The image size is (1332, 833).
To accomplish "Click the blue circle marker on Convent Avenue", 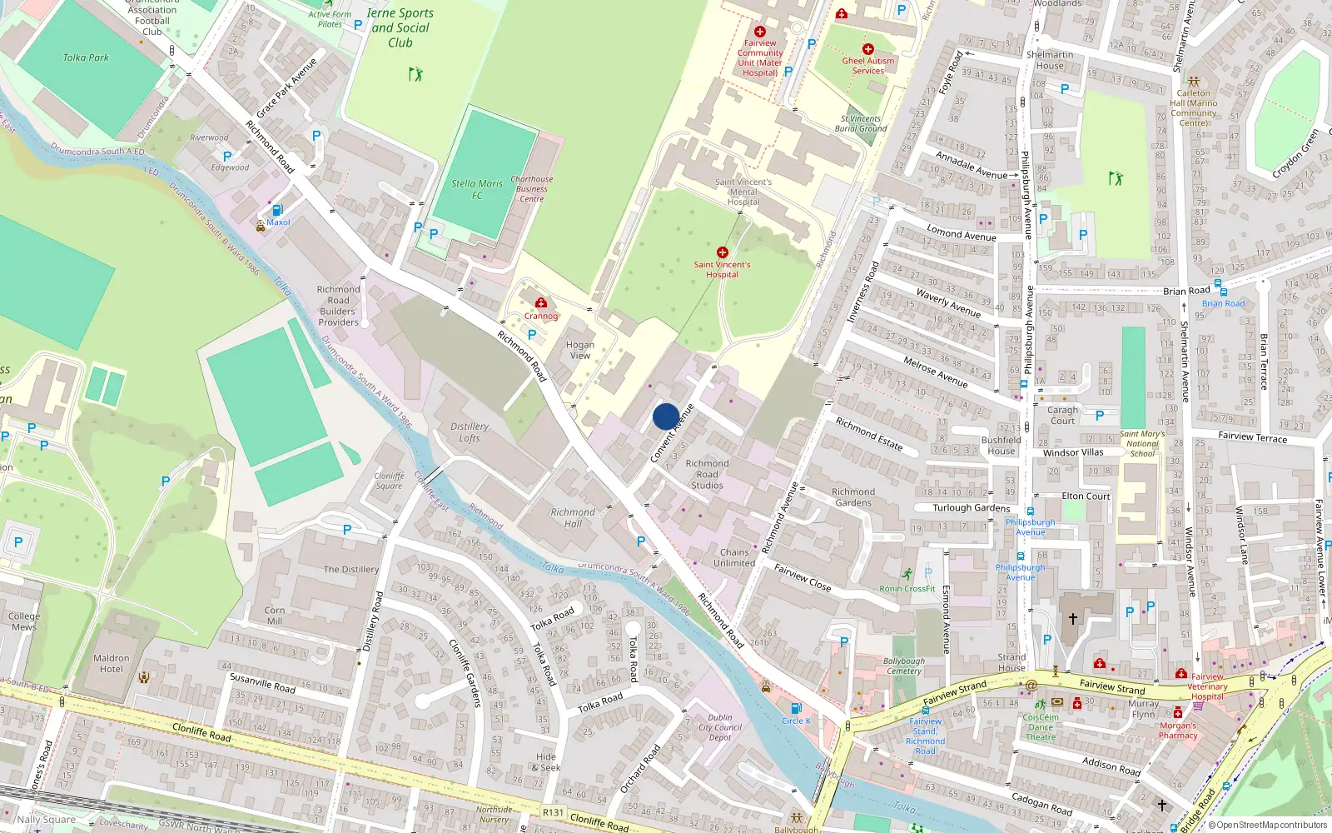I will pyautogui.click(x=665, y=416).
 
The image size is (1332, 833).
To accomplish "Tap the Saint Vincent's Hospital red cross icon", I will pyautogui.click(x=722, y=252).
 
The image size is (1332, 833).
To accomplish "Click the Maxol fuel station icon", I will pyautogui.click(x=277, y=211).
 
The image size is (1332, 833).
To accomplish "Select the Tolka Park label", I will pyautogui.click(x=86, y=57).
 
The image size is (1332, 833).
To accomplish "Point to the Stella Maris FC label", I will pyautogui.click(x=477, y=189).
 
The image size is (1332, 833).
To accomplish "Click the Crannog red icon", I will pyautogui.click(x=541, y=303).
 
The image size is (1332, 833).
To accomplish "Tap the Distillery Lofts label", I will pyautogui.click(x=470, y=431).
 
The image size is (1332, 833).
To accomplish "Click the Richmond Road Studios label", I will pyautogui.click(x=707, y=474).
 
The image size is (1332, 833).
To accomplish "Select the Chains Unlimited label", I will pyautogui.click(x=734, y=557).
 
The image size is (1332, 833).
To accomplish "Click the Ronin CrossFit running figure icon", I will pyautogui.click(x=907, y=575).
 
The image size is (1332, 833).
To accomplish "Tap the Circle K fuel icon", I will pyautogui.click(x=796, y=709).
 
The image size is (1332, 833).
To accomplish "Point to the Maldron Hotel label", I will pyautogui.click(x=112, y=663).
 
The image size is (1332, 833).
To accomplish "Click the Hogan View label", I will pyautogui.click(x=580, y=350).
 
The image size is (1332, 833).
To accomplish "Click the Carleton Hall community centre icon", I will pyautogui.click(x=1193, y=82).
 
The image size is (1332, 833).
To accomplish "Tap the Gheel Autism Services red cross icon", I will pyautogui.click(x=867, y=49).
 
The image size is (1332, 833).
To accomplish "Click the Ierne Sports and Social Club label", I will pyautogui.click(x=400, y=27).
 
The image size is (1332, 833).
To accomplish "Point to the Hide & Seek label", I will pyautogui.click(x=548, y=762).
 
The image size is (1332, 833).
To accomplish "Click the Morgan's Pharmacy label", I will pyautogui.click(x=1178, y=731).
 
